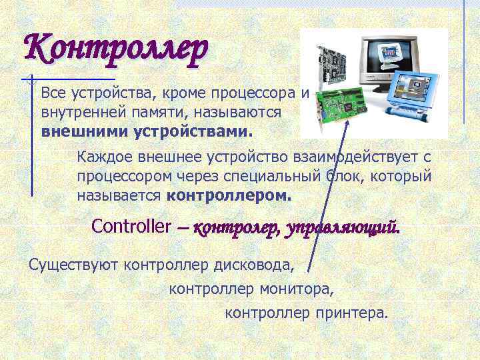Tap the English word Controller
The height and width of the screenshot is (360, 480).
(131, 226)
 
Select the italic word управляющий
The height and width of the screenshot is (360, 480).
(343, 228)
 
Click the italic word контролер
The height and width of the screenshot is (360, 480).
(237, 228)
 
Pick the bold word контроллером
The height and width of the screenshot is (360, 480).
(229, 197)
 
